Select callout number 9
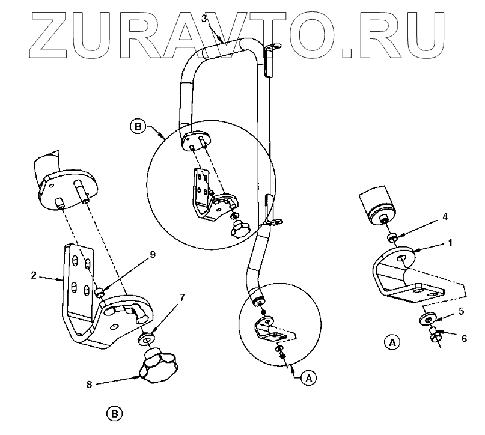pyautogui.click(x=153, y=255)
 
